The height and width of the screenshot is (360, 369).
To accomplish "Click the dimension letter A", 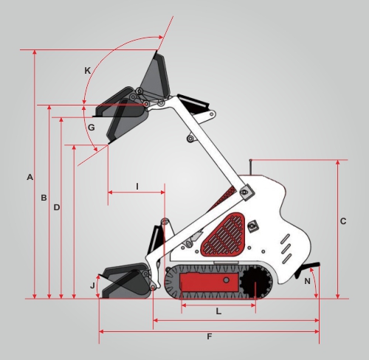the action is click(30, 177).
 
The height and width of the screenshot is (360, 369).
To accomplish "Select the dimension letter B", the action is click(44, 198).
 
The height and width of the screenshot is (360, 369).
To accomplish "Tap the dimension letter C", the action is click(343, 221).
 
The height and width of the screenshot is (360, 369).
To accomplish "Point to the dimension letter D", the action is click(57, 207).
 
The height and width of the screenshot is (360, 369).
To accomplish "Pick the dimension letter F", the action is click(210, 336).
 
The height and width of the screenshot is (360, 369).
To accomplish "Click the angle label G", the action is click(92, 128).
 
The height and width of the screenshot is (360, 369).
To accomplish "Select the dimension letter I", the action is click(137, 187).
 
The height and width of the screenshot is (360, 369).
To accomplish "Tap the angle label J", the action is click(92, 285).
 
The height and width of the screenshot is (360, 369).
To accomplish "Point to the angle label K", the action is click(88, 71).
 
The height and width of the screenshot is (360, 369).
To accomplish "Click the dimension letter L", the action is click(218, 312).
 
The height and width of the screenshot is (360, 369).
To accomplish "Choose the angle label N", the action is click(307, 281).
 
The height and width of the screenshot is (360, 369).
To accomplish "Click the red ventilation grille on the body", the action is click(224, 234).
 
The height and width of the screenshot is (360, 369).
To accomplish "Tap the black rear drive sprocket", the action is click(255, 282).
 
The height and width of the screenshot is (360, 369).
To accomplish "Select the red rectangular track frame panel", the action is click(209, 283).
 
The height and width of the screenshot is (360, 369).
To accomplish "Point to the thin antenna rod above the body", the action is click(251, 167).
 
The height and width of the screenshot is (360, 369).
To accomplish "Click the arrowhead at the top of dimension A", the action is click(35, 52).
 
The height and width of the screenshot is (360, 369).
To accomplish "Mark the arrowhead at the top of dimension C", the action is click(338, 162).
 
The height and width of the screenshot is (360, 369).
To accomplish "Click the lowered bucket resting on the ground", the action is click(126, 282).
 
